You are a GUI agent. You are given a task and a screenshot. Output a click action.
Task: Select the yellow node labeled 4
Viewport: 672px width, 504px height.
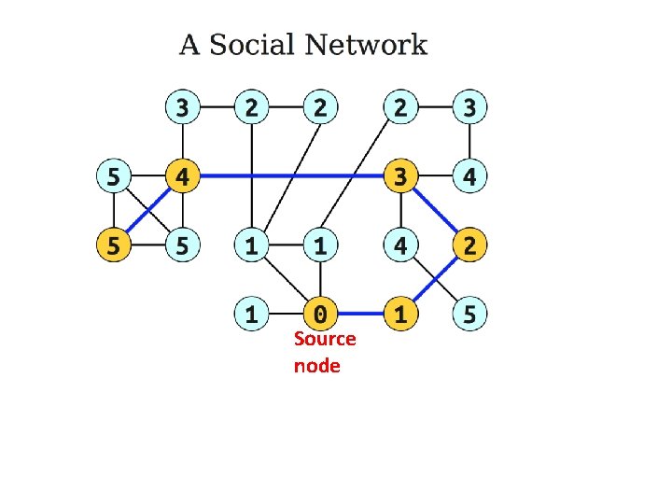(x=183, y=175)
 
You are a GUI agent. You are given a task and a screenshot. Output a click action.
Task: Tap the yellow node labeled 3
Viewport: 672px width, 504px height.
(x=400, y=175)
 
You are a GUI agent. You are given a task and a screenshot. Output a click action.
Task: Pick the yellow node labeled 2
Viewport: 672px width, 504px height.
(x=469, y=246)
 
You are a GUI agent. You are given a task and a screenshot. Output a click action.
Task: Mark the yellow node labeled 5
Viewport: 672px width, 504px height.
(x=113, y=246)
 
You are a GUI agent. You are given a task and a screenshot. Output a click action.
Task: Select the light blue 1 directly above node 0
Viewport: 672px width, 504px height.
(x=321, y=246)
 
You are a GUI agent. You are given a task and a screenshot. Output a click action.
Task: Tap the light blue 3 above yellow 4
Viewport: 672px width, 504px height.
(x=183, y=107)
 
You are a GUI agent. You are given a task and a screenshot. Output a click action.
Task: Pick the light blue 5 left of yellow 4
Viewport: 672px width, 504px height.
(x=113, y=175)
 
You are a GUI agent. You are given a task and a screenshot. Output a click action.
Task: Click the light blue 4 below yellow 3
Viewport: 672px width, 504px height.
(x=400, y=246)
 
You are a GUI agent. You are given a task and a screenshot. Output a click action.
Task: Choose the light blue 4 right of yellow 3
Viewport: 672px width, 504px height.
(x=469, y=175)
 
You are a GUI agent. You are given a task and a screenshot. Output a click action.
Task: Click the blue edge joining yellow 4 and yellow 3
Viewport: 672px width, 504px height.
(x=291, y=175)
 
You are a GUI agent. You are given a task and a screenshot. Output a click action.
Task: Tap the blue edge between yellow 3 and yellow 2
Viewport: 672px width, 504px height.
(x=435, y=211)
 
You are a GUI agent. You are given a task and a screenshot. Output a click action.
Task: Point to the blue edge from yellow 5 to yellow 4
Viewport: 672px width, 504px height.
(x=147, y=211)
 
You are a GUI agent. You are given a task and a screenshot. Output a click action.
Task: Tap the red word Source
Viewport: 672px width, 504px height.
(x=325, y=338)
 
